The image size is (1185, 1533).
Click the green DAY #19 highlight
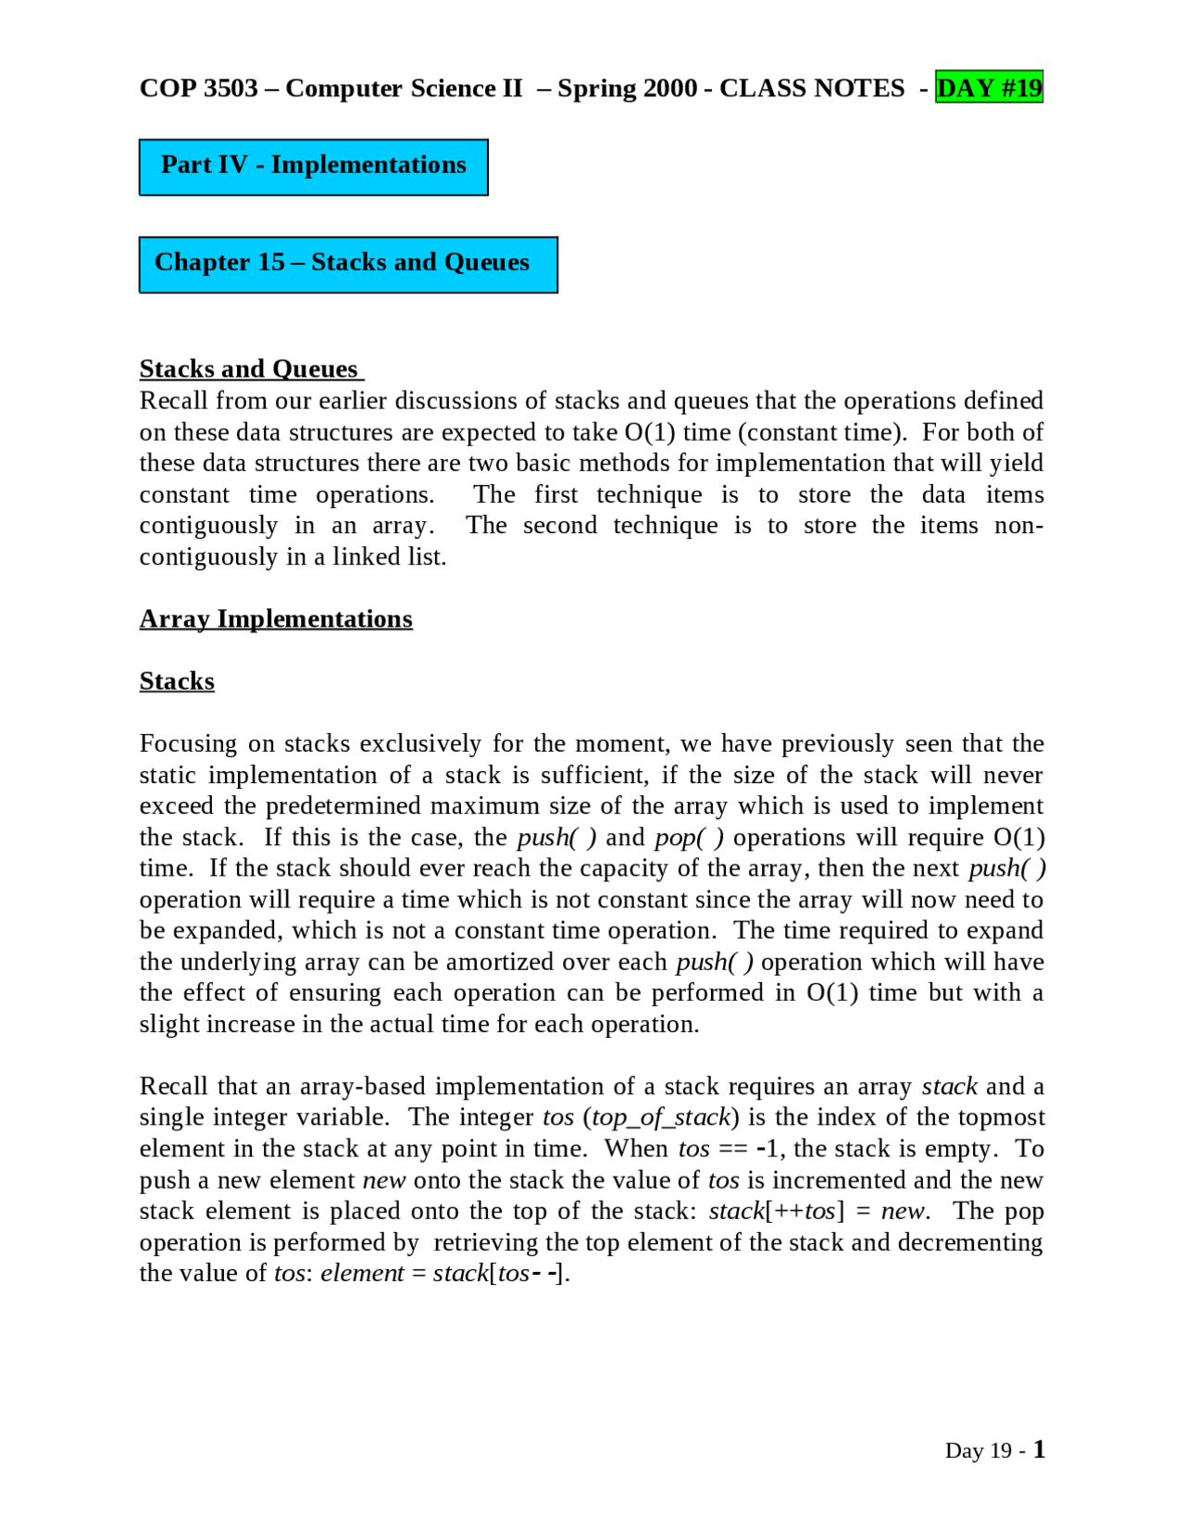[x=989, y=88]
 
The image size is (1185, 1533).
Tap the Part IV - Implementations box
[x=313, y=167]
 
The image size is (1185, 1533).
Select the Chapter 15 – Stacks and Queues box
[x=347, y=265]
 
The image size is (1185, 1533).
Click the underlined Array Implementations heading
[x=276, y=618]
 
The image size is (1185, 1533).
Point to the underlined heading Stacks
[x=177, y=681]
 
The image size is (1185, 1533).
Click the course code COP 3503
[x=198, y=88]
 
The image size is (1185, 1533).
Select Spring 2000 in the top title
[x=627, y=88]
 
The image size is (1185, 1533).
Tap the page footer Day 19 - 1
[x=994, y=1450]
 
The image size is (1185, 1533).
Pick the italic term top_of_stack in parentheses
[x=661, y=1117]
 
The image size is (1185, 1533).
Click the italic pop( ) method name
[x=689, y=837]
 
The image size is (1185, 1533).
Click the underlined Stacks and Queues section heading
[x=249, y=369]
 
